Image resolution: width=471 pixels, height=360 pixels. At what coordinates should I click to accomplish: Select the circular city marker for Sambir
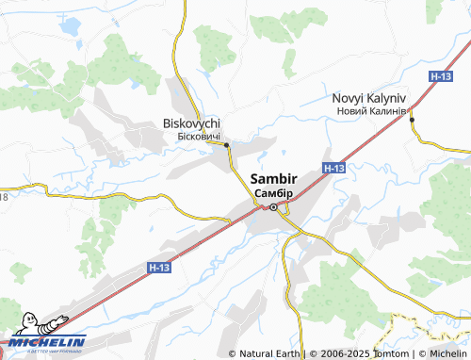273,207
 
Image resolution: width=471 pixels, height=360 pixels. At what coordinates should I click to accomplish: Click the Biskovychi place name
191,123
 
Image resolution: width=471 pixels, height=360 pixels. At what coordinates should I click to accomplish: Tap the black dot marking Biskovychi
227,144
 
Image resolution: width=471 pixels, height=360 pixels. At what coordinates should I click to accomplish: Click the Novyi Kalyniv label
369,98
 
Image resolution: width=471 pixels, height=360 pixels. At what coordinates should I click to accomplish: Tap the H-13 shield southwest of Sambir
160,269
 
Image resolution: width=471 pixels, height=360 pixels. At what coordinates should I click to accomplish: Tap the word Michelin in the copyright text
448,353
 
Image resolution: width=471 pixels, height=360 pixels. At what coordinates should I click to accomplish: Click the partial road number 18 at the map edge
4,196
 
